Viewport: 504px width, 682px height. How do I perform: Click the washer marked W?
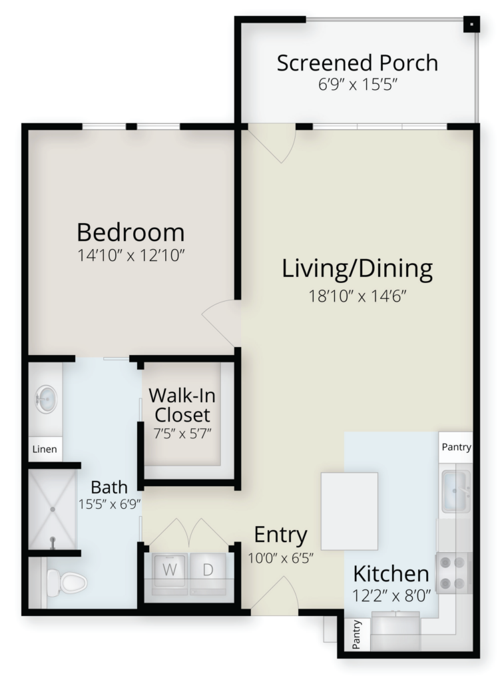tap(170, 573)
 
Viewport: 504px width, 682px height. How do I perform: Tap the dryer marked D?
tap(208, 573)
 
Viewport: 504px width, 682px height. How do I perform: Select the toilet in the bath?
tap(66, 582)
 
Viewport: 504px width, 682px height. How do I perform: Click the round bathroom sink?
tap(46, 398)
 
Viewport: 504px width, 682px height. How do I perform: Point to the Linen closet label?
tap(45, 449)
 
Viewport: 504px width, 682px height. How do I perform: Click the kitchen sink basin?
tap(456, 492)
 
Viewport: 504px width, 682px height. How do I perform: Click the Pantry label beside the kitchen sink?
tap(456, 447)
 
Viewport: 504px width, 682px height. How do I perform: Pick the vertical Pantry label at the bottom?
tap(357, 635)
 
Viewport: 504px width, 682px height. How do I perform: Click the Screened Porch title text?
tap(358, 63)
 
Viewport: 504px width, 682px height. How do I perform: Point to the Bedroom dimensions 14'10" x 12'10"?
tap(131, 255)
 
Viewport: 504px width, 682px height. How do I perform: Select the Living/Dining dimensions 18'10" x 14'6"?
tap(358, 296)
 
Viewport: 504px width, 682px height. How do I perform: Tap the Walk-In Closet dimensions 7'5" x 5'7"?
tap(182, 434)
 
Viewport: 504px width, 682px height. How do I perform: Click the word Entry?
tap(280, 535)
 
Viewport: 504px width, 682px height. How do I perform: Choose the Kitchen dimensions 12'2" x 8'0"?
tap(391, 595)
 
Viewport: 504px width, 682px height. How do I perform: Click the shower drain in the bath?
tap(53, 509)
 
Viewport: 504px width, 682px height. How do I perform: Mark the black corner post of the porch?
tap(471, 25)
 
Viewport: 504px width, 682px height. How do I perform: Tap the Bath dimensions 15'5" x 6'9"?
tap(110, 505)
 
